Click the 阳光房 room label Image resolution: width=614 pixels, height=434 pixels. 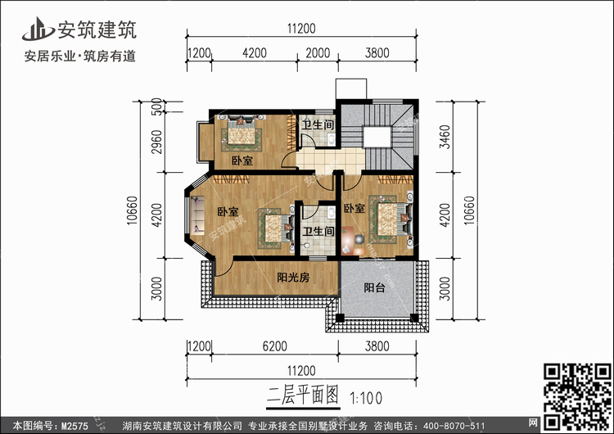tap(292, 278)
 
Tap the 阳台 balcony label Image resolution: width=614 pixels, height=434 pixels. tap(376, 288)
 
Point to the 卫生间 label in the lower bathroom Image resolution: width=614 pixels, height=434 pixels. tap(318, 232)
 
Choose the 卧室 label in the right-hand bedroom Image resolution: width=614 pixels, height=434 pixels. tap(354, 209)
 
